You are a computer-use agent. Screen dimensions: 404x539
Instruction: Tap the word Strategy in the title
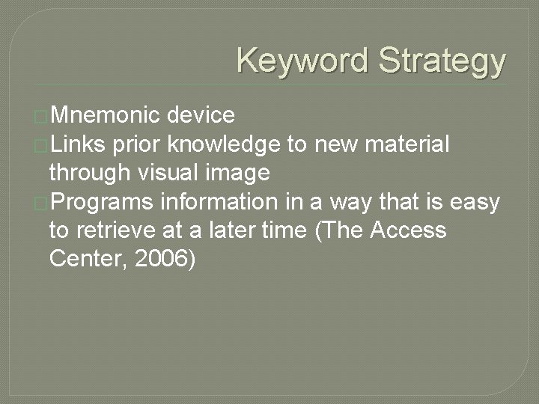pyautogui.click(x=442, y=61)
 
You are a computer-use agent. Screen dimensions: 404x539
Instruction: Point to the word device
pyautogui.click(x=201, y=115)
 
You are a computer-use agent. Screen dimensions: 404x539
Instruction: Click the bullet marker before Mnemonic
pyautogui.click(x=42, y=117)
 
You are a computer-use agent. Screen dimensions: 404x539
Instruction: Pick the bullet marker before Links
pyautogui.click(x=42, y=145)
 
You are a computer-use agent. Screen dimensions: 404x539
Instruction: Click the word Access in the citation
pyautogui.click(x=405, y=230)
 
